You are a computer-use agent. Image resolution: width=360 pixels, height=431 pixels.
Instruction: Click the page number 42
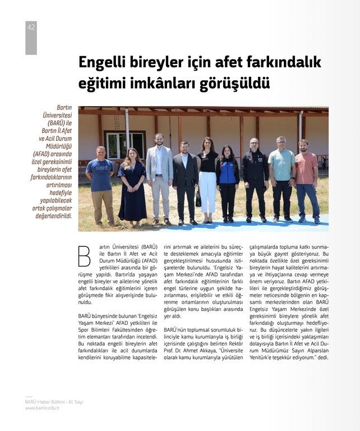[31, 27]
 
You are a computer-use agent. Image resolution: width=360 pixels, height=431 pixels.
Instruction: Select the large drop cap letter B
[85, 255]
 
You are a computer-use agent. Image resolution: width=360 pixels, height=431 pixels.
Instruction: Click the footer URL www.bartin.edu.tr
[42, 408]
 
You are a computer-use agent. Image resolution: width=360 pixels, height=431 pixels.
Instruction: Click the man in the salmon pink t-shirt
[307, 180]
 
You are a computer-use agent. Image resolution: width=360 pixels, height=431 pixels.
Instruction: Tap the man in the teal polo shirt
[281, 177]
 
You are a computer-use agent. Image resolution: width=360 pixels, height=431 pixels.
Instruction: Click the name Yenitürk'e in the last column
[264, 357]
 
